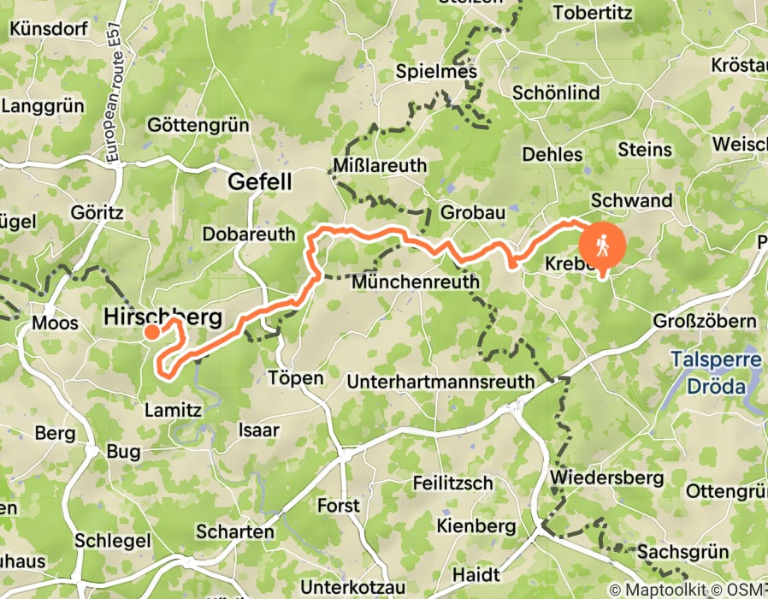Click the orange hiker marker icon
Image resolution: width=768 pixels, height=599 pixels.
coord(602,246)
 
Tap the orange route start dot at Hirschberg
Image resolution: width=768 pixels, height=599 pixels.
coord(151,331)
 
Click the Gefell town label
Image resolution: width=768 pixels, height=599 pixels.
coord(259,182)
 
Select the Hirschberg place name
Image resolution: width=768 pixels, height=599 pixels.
coord(162,317)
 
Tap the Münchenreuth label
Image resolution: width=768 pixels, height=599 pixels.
coord(415,281)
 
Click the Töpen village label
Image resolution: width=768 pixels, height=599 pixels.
coord(295,378)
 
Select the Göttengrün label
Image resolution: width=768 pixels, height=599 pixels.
coord(198,126)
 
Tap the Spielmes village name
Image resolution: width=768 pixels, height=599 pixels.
coord(435,73)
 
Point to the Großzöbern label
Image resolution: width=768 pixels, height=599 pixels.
coord(705,321)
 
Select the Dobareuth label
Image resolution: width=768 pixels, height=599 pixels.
coord(249,234)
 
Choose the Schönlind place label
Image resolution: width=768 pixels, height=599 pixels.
coord(556,92)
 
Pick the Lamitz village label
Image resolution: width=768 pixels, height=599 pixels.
coord(173,410)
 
